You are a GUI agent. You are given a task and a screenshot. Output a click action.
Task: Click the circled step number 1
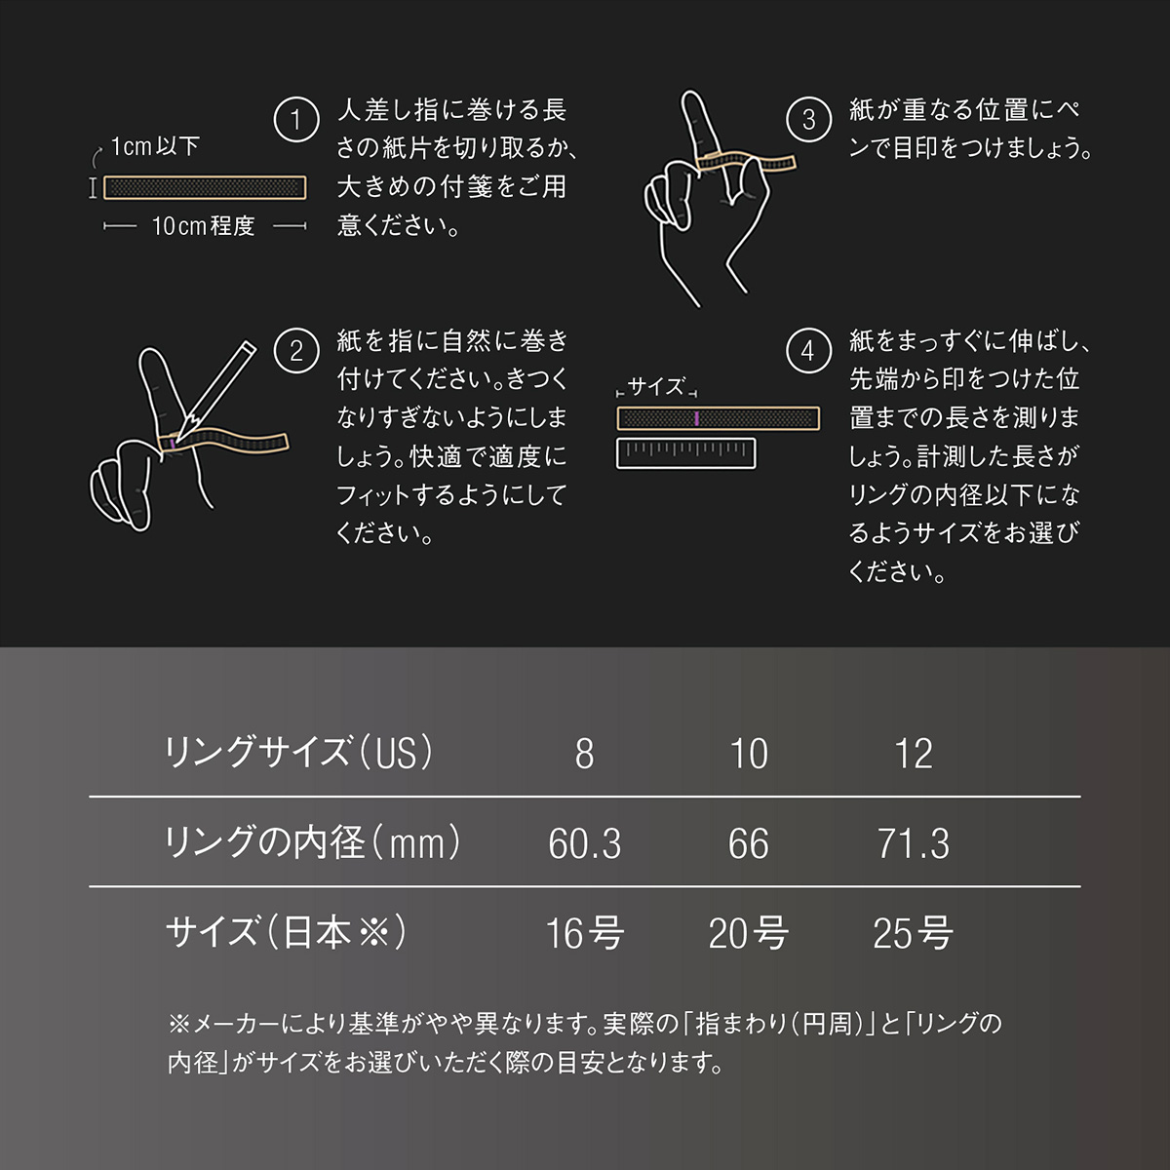coord(296,121)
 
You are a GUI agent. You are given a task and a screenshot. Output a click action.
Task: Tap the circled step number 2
coord(296,351)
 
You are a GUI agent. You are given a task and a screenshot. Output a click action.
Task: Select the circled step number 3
coord(808,120)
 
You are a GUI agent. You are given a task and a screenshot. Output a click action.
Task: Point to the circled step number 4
coord(808,351)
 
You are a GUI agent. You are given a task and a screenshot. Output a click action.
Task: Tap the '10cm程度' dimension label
coord(203,226)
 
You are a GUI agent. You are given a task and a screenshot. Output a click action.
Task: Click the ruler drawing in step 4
coord(686,453)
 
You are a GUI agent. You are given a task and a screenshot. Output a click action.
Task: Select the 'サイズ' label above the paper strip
coord(656,387)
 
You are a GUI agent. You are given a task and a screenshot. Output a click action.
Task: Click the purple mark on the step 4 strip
coord(696,418)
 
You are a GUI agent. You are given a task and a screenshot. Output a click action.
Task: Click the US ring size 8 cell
coord(584,754)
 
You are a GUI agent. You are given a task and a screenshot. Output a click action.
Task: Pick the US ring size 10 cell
coord(749,754)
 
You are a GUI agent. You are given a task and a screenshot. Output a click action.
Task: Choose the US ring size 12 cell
coord(914,754)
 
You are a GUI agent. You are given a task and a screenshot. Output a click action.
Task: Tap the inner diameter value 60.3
coord(584,843)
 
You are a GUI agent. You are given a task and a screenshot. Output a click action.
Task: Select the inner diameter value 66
coord(749,843)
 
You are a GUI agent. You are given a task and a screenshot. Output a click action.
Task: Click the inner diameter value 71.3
coord(914,843)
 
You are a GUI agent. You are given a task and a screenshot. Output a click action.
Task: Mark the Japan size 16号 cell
coord(584,933)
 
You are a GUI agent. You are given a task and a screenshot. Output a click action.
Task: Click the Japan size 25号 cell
coord(914,933)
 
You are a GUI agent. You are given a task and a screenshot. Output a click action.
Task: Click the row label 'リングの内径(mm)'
coord(313,842)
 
